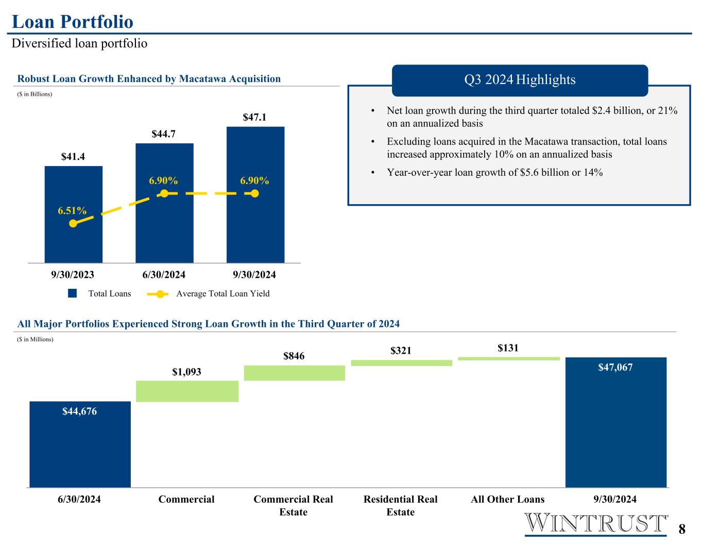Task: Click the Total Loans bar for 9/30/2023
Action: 74,215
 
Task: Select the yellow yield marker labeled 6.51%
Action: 73,223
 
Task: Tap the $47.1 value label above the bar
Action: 254,117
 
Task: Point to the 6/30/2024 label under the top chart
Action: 164,275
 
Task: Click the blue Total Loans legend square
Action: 73,293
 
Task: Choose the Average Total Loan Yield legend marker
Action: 160,294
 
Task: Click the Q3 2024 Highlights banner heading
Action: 520,79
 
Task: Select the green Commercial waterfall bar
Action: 187,391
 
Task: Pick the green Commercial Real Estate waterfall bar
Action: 295,373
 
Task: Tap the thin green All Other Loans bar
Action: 509,358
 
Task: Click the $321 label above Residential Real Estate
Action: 401,351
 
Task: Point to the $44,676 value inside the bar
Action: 80,411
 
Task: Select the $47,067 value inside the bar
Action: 615,367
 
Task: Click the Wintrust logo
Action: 596,523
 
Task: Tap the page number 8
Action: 682,529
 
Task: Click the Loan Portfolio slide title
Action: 73,22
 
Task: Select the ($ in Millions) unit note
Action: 35,339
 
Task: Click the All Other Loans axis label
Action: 508,499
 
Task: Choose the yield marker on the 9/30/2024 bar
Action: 255,194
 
